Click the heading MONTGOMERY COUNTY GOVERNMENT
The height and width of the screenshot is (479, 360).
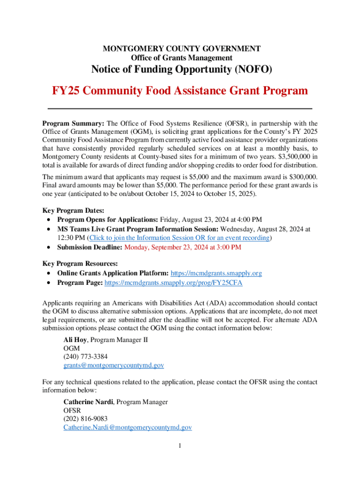[181, 48]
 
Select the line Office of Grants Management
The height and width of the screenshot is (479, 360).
[181, 58]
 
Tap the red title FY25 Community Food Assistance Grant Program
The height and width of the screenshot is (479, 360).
[180, 90]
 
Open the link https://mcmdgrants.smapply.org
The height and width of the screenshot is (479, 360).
[216, 273]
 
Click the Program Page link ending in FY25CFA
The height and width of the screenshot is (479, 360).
[173, 283]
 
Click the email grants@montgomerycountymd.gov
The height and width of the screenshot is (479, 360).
[114, 365]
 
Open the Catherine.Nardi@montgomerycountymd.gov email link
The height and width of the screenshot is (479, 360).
[128, 427]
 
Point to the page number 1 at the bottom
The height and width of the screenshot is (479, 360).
[180, 445]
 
